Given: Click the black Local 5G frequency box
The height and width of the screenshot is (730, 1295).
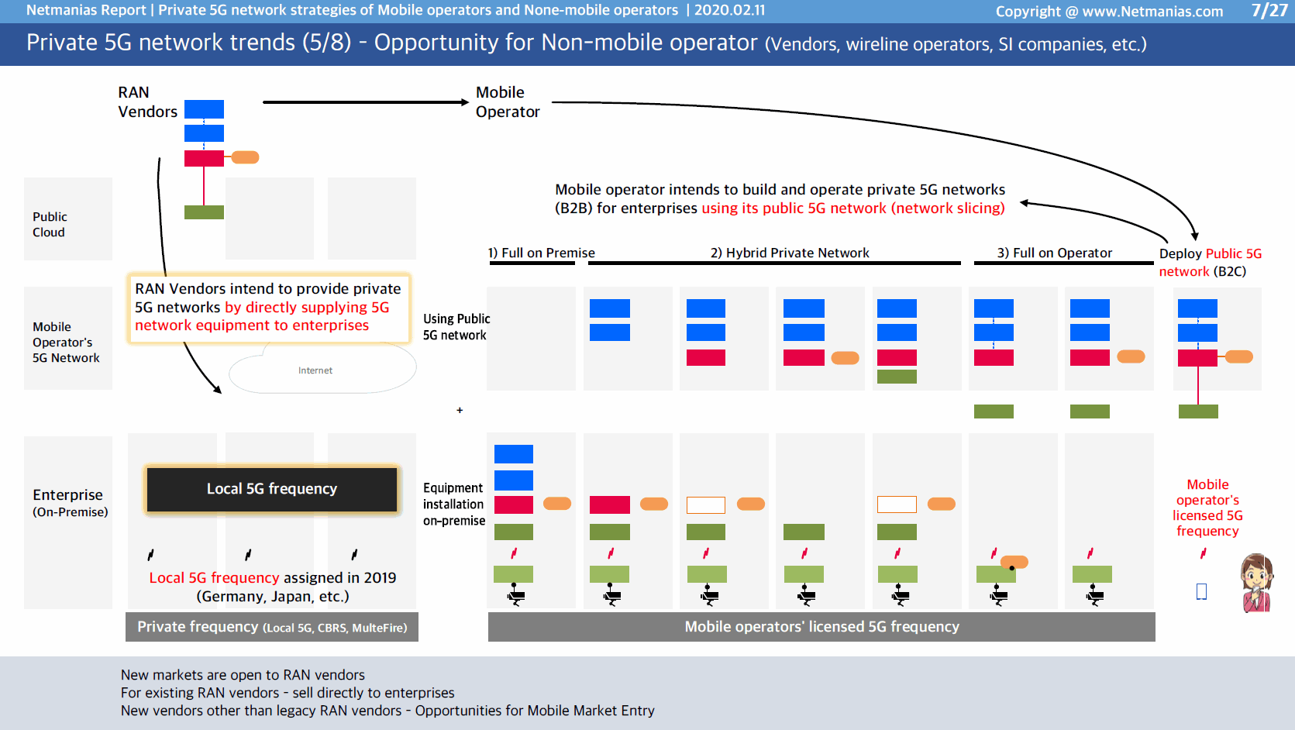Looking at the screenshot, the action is (272, 489).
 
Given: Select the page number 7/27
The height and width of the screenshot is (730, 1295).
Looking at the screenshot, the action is (1269, 10).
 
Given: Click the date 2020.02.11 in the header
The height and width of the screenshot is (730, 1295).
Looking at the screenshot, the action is (729, 10).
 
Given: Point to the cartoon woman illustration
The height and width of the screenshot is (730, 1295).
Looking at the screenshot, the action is (1257, 583).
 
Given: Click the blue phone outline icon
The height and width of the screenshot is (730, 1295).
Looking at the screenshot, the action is (1201, 592).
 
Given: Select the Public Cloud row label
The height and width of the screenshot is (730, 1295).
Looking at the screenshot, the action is (50, 224).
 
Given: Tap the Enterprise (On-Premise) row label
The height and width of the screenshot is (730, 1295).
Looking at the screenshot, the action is (70, 502).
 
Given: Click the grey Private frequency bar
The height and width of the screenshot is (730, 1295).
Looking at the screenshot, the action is (272, 627).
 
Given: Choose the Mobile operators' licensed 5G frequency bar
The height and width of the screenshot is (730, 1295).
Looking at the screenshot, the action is (821, 627).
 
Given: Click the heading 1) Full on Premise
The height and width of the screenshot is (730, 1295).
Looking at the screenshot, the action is (541, 253).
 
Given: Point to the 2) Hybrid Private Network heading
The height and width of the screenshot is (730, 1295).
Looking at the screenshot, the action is (790, 253).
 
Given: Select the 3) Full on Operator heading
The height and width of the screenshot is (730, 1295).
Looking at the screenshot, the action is (1055, 253).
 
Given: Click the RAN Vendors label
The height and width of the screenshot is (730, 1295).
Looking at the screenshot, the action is (147, 102).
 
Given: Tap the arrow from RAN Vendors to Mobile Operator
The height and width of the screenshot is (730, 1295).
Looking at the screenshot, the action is (366, 102).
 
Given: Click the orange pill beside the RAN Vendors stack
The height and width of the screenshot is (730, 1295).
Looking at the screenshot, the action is (245, 157).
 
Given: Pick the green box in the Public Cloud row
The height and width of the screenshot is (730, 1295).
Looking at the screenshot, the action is (204, 212).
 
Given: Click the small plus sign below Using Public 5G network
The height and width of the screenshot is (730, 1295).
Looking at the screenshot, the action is (460, 411).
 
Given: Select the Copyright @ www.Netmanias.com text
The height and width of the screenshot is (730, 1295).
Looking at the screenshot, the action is (1109, 12).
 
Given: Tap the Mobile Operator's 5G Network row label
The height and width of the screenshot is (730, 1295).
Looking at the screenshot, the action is (66, 343).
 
